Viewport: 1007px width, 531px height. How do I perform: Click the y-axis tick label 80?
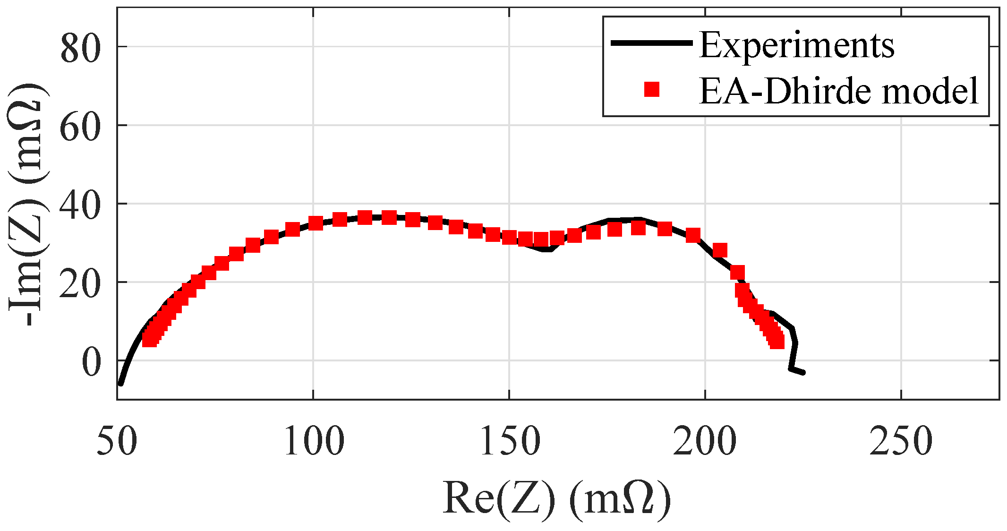pyautogui.click(x=80, y=50)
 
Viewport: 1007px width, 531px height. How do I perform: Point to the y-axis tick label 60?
pyautogui.click(x=80, y=128)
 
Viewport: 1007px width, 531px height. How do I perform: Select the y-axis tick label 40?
pyautogui.click(x=80, y=206)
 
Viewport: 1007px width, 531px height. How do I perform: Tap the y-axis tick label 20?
pyautogui.click(x=80, y=285)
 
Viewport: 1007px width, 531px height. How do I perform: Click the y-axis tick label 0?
pyautogui.click(x=92, y=363)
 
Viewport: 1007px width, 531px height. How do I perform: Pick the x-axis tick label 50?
pyautogui.click(x=117, y=441)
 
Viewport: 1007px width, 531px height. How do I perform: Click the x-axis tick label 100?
pyautogui.click(x=314, y=441)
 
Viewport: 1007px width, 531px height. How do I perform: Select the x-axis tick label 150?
pyautogui.click(x=510, y=441)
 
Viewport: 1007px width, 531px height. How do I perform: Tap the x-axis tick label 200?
pyautogui.click(x=705, y=441)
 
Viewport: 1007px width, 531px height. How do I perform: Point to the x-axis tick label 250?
pyautogui.click(x=901, y=441)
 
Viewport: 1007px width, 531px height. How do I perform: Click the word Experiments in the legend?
pyautogui.click(x=796, y=45)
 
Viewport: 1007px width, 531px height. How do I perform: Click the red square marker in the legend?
pyautogui.click(x=652, y=89)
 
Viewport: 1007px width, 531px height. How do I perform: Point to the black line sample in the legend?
pyautogui.click(x=651, y=43)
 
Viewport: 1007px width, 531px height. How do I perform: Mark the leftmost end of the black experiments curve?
pyautogui.click(x=120, y=384)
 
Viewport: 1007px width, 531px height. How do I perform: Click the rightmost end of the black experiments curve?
pyautogui.click(x=803, y=373)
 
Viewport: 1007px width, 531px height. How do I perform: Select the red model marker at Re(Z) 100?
pyautogui.click(x=316, y=223)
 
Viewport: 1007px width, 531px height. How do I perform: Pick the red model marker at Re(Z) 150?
pyautogui.click(x=509, y=237)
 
